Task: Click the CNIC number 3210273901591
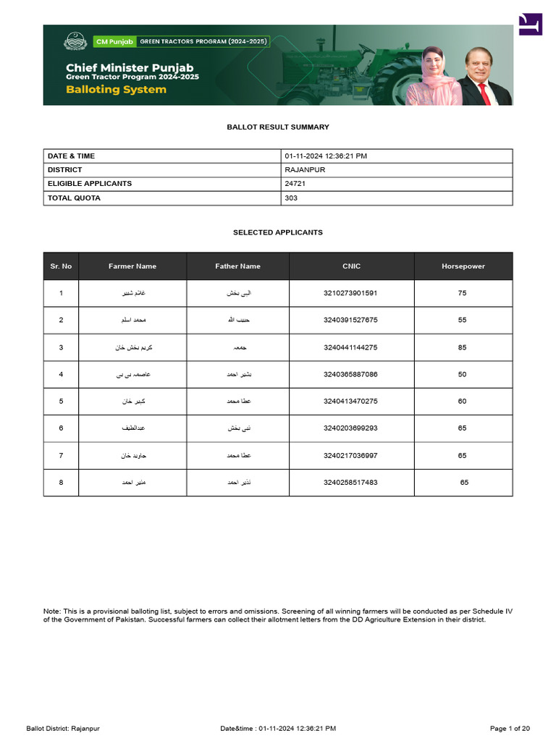350,293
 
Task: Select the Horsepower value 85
462,347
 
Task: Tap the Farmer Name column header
132,266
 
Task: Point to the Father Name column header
237,266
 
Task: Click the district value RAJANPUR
306,170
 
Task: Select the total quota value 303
291,198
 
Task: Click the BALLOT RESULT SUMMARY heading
278,127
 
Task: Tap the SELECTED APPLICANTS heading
278,233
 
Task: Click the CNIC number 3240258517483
350,483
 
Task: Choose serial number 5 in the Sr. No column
61,402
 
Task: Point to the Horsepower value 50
462,375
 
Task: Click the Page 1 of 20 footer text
510,728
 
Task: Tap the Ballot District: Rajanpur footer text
63,728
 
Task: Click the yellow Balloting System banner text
116,90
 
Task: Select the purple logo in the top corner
530,24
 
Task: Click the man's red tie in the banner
483,95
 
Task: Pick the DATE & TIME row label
71,156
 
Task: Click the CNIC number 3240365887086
350,375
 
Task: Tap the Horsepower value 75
462,293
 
